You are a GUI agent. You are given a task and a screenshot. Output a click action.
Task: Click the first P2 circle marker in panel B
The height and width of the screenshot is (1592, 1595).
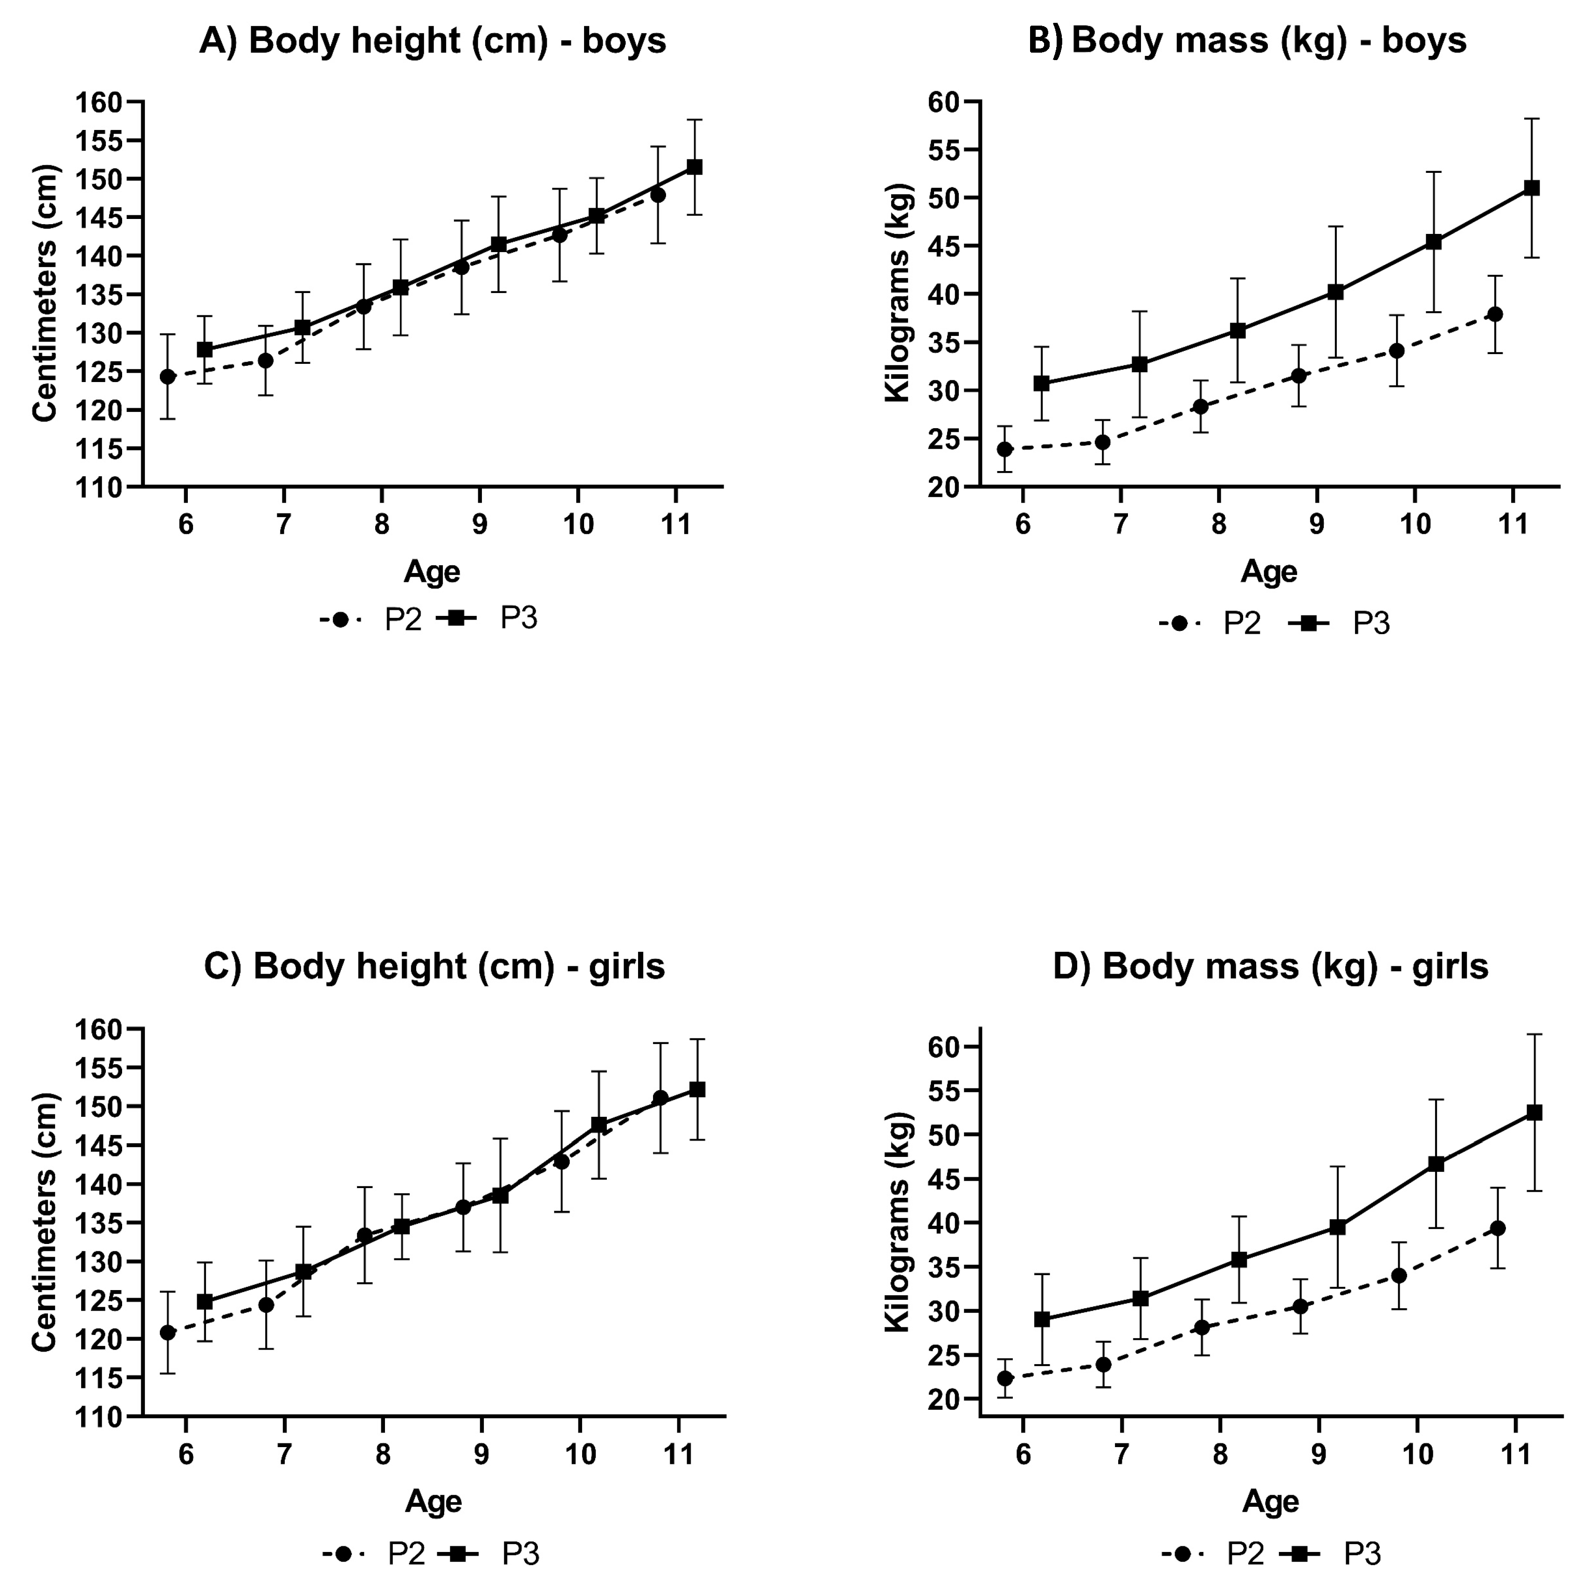tap(1005, 450)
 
